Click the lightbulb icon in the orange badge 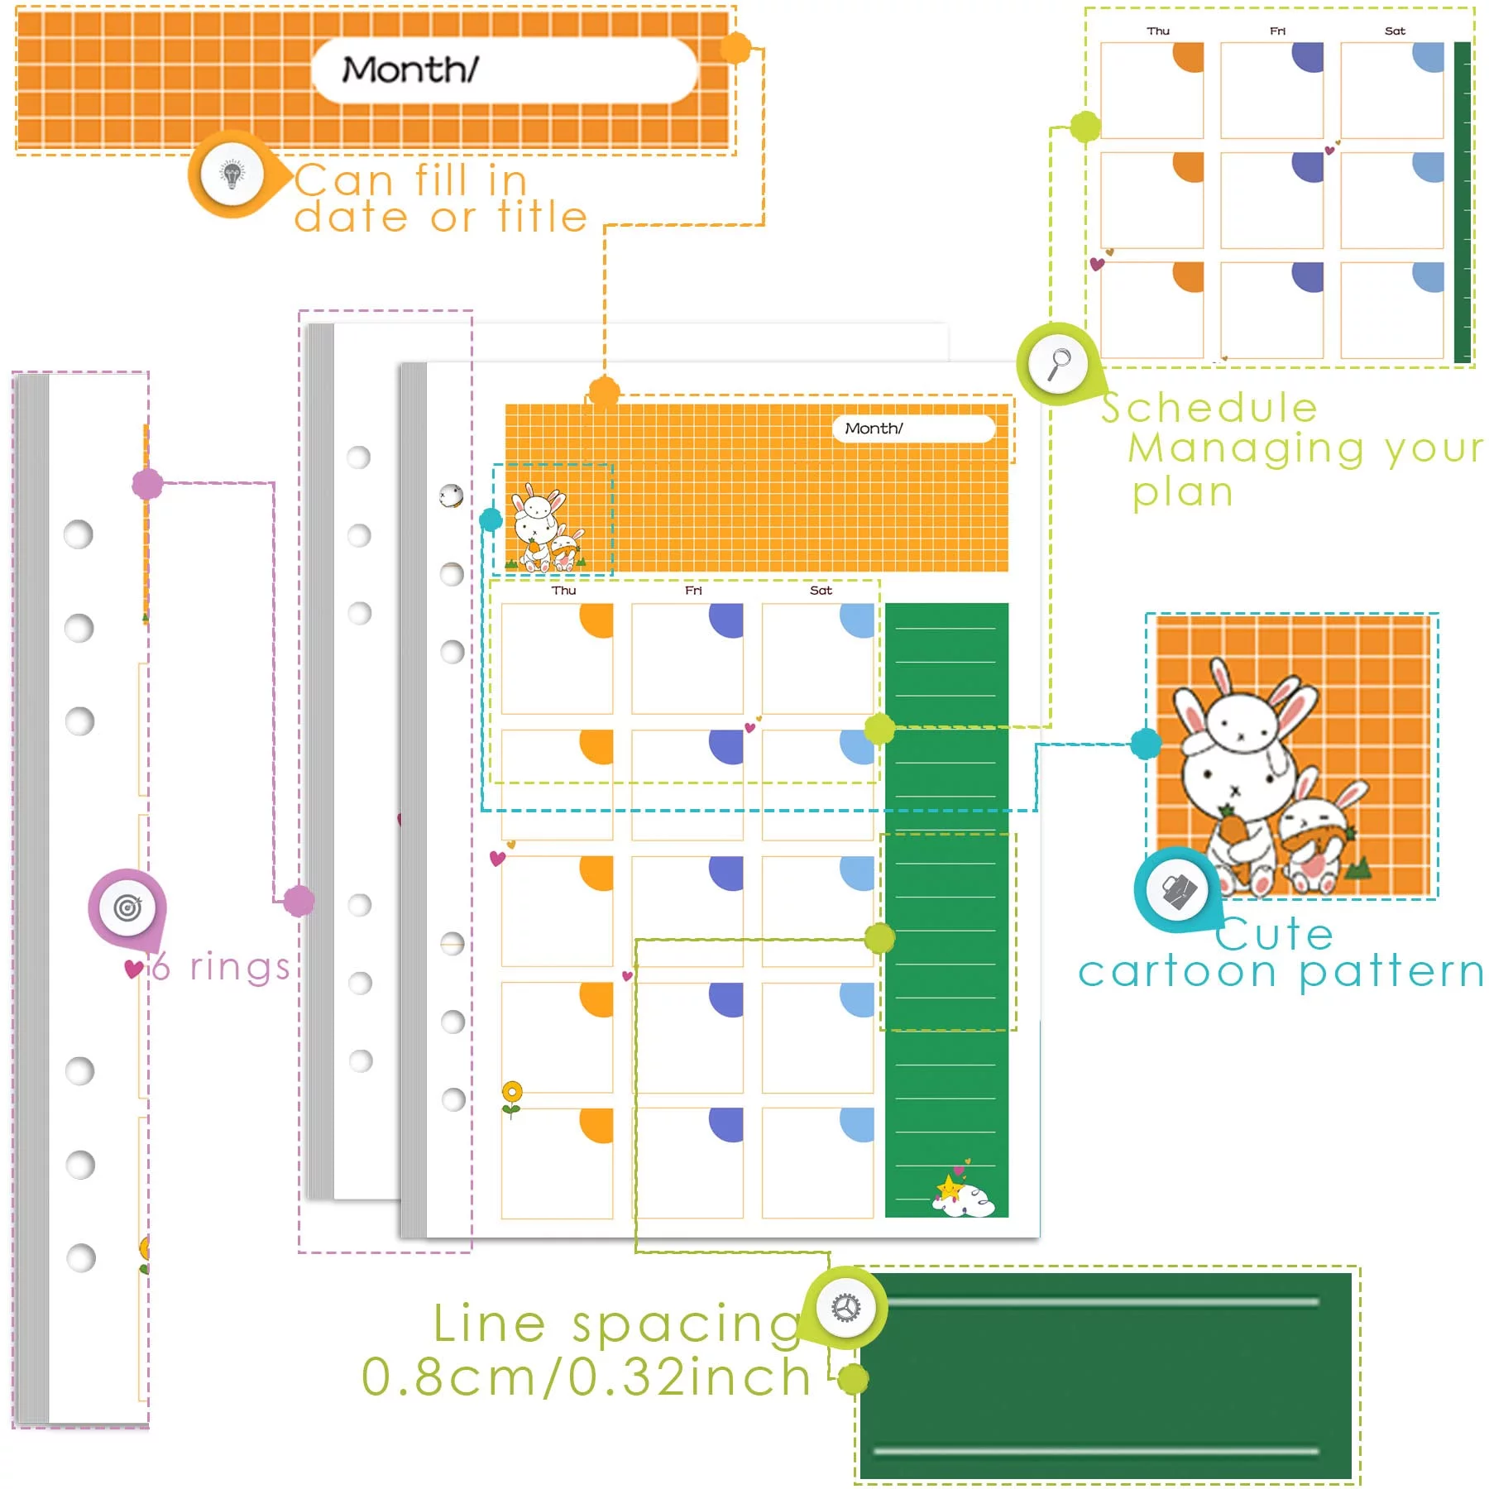point(232,175)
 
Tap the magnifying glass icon point(1058,363)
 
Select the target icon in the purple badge point(127,907)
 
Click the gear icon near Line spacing point(845,1308)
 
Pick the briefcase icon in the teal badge point(1179,891)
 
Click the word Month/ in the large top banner point(410,70)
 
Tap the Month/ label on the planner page point(873,429)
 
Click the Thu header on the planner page point(563,591)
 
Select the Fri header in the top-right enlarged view point(1277,31)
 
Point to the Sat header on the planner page point(821,591)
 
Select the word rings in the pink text point(240,967)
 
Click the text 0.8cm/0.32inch point(587,1377)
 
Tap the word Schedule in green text point(1209,408)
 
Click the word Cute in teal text point(1274,935)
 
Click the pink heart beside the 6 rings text point(133,969)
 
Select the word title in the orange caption point(543,218)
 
